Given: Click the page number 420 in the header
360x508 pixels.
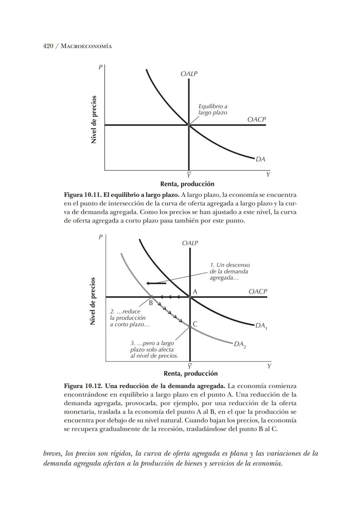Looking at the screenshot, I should pos(48,46).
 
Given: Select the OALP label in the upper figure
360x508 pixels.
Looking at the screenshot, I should pos(189,74).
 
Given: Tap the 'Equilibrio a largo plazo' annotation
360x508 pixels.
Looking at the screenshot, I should pos(213,109).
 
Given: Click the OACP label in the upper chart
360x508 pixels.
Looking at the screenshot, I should pos(256,119).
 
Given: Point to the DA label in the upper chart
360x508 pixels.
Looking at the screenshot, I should pos(260,159).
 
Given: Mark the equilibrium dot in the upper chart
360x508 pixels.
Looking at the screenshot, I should pos(189,125).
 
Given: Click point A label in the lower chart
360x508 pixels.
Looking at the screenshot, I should pos(195,292).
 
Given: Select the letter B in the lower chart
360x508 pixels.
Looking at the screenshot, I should pos(151,303).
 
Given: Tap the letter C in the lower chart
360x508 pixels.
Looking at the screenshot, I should pos(195,324).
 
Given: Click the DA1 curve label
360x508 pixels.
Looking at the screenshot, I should pos(261,326).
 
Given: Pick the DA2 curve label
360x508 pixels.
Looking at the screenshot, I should pos(240,344).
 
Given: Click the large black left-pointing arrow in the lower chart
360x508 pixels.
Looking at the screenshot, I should pos(156,284).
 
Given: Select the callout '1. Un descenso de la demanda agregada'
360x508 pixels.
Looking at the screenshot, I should pos(229,271).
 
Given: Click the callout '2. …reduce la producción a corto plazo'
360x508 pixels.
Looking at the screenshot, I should pos(129,318).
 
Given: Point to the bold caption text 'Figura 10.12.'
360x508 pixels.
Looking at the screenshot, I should pos(83,386).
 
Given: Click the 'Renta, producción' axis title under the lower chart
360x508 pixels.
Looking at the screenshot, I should pos(190,374).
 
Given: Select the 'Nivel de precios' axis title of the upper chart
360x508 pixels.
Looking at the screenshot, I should pos(94,119).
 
